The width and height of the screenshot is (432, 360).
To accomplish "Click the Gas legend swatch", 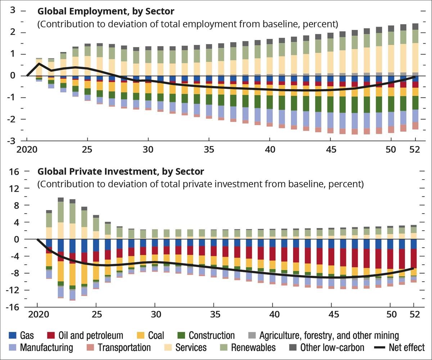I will click(13, 336).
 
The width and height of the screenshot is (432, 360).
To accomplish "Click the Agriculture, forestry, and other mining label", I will click(329, 336).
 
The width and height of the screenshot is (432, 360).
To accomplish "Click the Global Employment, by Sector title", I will click(106, 11).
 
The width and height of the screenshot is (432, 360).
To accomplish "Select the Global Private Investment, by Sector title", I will click(121, 172).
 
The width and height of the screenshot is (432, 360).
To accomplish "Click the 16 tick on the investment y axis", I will click(14, 172).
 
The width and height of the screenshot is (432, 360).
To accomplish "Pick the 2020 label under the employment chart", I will click(27, 149).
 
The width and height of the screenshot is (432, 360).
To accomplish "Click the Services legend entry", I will click(191, 348).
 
